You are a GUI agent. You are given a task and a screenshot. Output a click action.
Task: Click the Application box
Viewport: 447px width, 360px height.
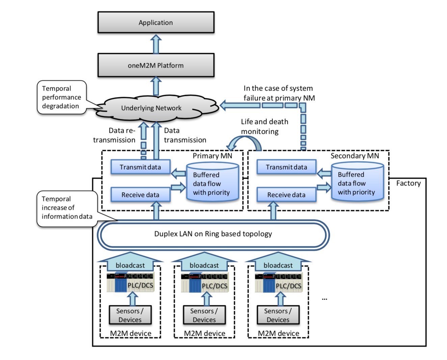(156, 23)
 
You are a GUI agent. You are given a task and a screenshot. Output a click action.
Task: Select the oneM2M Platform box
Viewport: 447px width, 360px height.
(156, 65)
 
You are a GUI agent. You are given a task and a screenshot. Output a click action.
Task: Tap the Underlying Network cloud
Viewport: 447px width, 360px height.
(151, 108)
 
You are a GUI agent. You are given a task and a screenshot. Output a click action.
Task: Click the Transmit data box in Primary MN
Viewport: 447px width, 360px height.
(140, 167)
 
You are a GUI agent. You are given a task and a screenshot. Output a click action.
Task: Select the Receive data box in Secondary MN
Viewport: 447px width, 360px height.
(286, 195)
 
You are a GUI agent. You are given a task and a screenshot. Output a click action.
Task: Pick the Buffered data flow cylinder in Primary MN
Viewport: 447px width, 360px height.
(212, 183)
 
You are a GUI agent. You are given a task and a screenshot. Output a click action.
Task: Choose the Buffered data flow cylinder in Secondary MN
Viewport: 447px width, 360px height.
(357, 183)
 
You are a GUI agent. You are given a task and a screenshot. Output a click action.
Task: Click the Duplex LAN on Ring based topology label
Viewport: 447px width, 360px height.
(213, 234)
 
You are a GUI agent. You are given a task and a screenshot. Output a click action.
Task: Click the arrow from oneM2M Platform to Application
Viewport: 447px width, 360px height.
(156, 44)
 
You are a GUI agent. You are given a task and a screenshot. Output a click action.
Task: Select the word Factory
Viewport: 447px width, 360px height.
(409, 183)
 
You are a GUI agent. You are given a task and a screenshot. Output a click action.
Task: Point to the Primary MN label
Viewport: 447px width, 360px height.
(212, 156)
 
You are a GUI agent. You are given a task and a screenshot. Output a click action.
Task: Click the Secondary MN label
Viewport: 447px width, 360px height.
(354, 156)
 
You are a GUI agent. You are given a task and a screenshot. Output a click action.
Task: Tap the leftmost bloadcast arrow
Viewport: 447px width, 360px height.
(130, 264)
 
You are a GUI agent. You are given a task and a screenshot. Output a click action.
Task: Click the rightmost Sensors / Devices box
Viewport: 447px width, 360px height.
(278, 315)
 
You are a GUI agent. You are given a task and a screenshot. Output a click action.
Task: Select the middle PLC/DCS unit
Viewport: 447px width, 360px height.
(204, 283)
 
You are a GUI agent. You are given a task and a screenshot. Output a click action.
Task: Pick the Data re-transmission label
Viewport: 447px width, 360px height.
(114, 135)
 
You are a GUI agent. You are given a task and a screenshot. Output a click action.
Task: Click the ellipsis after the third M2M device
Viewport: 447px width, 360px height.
(324, 299)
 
